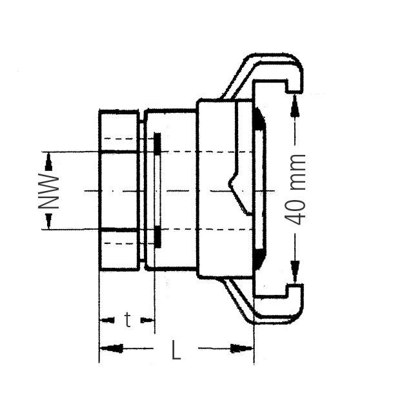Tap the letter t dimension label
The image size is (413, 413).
click(x=128, y=319)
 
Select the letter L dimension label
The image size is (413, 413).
click(x=176, y=350)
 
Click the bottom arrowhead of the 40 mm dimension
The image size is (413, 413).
click(x=296, y=274)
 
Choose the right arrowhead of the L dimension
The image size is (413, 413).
click(x=245, y=349)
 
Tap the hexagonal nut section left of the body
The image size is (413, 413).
click(x=118, y=190)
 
